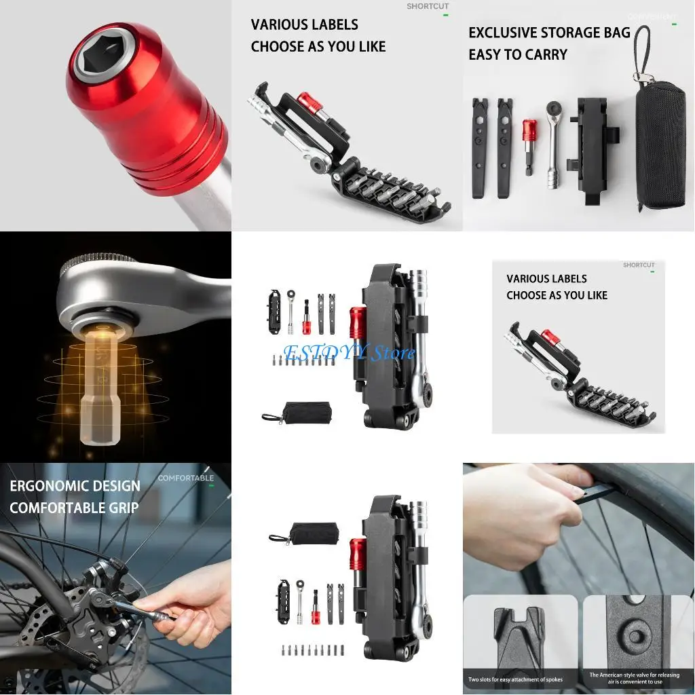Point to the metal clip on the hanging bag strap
(639, 77)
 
